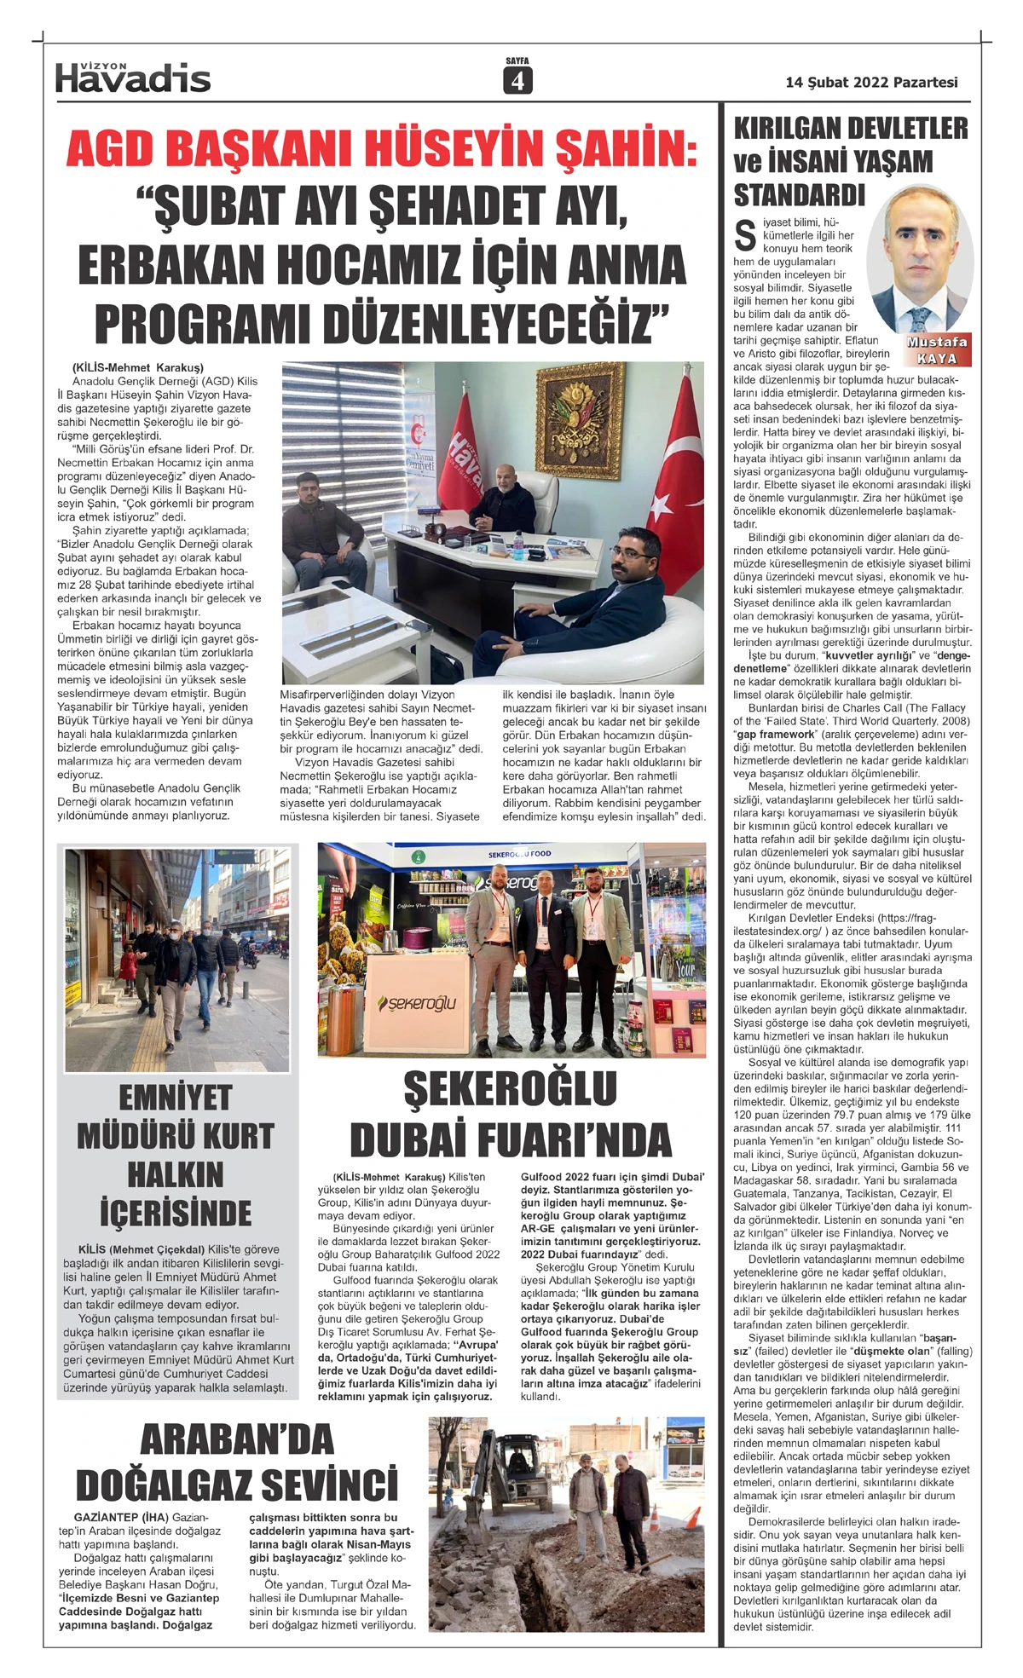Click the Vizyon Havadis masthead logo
coord(133,78)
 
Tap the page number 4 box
coord(517,80)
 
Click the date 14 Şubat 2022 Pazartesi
coord(871,83)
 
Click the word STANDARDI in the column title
coord(799,195)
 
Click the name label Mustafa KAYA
coord(937,349)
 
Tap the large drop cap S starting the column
coord(745,235)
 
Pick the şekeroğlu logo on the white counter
coord(417,1003)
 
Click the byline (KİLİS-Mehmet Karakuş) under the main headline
coord(137,367)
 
